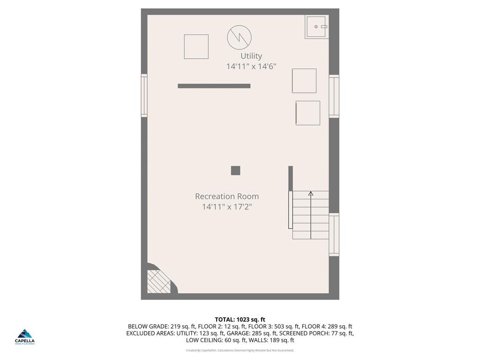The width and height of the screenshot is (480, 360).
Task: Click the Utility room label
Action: pos(251,56)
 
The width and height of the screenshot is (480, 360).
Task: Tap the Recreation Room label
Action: pos(227,196)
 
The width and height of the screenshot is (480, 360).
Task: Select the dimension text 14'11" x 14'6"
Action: pos(251,67)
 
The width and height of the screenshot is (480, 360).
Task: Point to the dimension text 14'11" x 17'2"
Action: pos(227,207)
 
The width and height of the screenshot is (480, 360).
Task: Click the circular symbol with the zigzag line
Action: pos(239,37)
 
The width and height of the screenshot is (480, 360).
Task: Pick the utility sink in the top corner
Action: pos(316,27)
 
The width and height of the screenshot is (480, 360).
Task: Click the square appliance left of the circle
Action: pos(196,46)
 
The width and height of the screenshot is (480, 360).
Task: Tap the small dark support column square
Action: pos(235,171)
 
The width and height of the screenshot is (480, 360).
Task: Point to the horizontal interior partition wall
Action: pos(214,86)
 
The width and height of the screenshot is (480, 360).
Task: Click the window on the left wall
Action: pos(144,96)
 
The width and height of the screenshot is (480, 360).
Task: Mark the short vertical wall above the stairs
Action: pos(291,178)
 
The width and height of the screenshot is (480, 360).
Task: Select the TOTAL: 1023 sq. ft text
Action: pos(240,320)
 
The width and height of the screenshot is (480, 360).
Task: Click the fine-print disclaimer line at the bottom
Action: pos(240,350)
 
